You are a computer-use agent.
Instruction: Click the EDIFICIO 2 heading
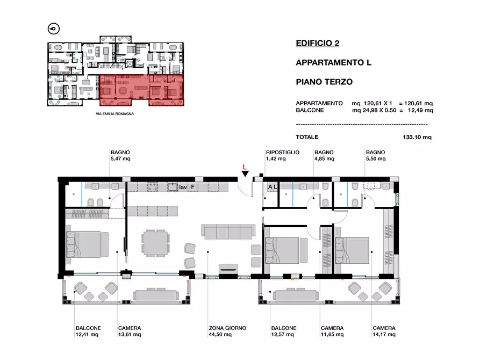tap(318, 43)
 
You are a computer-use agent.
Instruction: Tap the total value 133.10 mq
tap(417, 137)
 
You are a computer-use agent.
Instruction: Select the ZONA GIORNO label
tap(227, 328)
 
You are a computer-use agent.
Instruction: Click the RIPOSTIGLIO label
tap(283, 152)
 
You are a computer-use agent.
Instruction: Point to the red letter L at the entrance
tap(245, 167)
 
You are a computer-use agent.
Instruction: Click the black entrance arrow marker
tap(245, 174)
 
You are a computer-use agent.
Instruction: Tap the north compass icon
tap(54, 29)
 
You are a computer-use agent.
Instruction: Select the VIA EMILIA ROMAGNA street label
tap(115, 113)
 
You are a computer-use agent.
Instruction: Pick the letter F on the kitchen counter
tap(192, 187)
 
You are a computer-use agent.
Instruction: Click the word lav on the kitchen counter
tap(183, 187)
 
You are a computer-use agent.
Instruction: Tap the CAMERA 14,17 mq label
tap(384, 331)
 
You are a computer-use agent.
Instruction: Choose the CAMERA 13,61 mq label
tap(130, 331)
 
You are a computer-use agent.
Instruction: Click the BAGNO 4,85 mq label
tap(324, 155)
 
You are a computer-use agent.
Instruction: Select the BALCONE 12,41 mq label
tap(88, 331)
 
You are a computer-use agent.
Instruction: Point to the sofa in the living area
tap(228, 232)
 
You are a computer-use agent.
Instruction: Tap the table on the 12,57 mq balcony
tap(296, 295)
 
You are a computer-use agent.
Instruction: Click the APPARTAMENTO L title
tap(333, 62)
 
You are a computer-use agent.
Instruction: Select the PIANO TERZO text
tap(324, 82)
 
